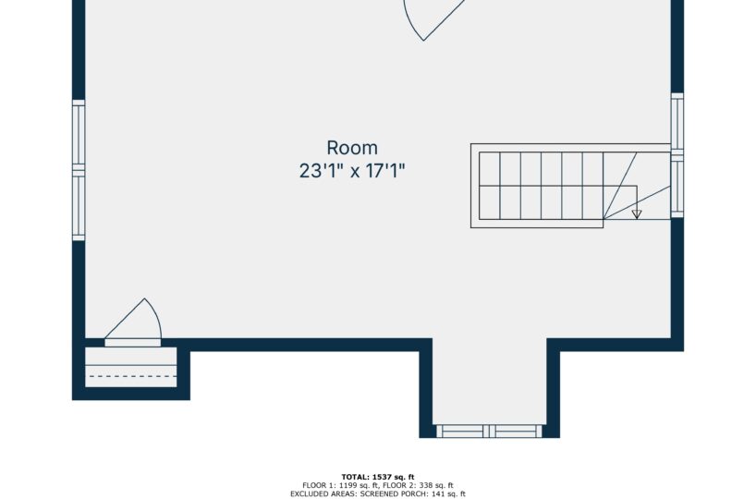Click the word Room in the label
(352, 148)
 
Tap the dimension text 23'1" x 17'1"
(352, 171)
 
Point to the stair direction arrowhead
(637, 214)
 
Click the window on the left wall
(79, 170)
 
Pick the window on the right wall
(677, 154)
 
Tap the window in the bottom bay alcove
(490, 431)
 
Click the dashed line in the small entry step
(132, 376)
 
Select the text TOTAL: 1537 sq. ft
(378, 478)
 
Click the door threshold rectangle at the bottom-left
(132, 343)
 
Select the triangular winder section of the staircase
(637, 186)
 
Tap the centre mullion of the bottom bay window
(490, 431)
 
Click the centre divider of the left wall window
(79, 170)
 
